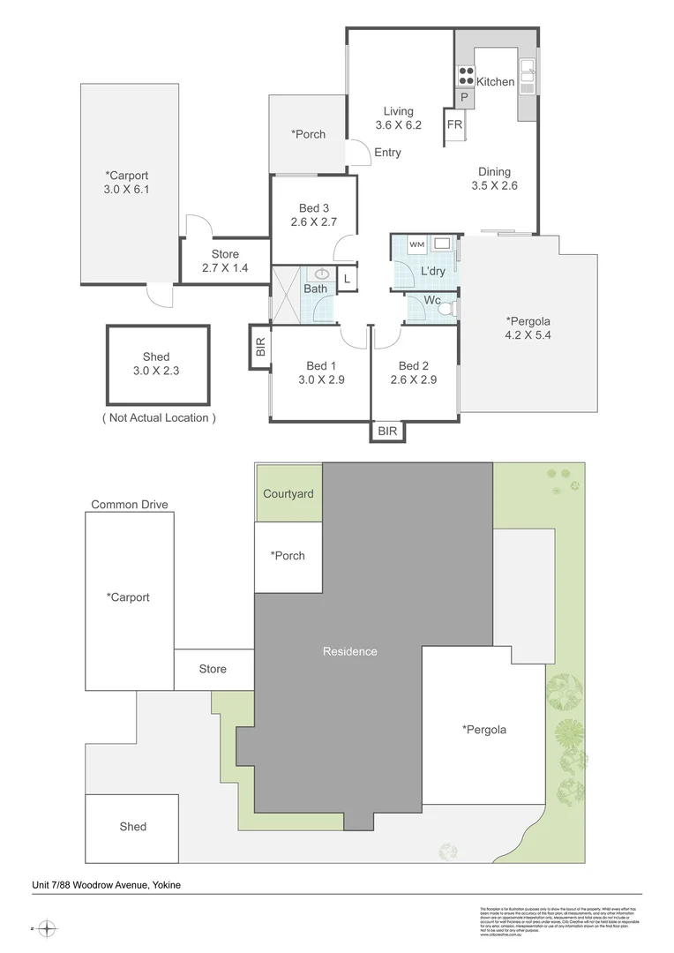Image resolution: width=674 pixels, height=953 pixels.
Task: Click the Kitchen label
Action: (x=495, y=82)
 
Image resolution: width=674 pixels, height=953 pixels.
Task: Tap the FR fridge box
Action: (x=454, y=125)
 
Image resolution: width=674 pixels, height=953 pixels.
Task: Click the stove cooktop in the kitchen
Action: (x=466, y=75)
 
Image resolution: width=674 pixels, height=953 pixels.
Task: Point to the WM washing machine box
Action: (x=416, y=244)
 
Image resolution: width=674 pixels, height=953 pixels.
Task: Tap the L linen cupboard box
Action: (x=348, y=279)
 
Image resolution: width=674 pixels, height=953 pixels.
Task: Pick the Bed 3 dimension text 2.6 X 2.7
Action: (x=314, y=222)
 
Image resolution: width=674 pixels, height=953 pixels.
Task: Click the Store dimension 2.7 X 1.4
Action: (x=225, y=268)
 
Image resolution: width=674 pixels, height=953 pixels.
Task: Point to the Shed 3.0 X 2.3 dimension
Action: (x=156, y=371)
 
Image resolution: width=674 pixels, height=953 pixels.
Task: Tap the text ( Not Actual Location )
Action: (x=159, y=417)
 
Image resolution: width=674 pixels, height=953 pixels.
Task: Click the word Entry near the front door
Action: (x=387, y=153)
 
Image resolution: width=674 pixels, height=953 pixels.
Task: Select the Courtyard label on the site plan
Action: (x=288, y=494)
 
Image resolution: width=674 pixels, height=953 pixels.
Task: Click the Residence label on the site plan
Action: (x=349, y=651)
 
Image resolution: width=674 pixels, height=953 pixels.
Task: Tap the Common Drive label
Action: (x=129, y=505)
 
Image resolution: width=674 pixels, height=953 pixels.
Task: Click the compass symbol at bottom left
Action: (x=48, y=928)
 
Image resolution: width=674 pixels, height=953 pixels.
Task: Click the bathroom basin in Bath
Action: (x=322, y=274)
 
